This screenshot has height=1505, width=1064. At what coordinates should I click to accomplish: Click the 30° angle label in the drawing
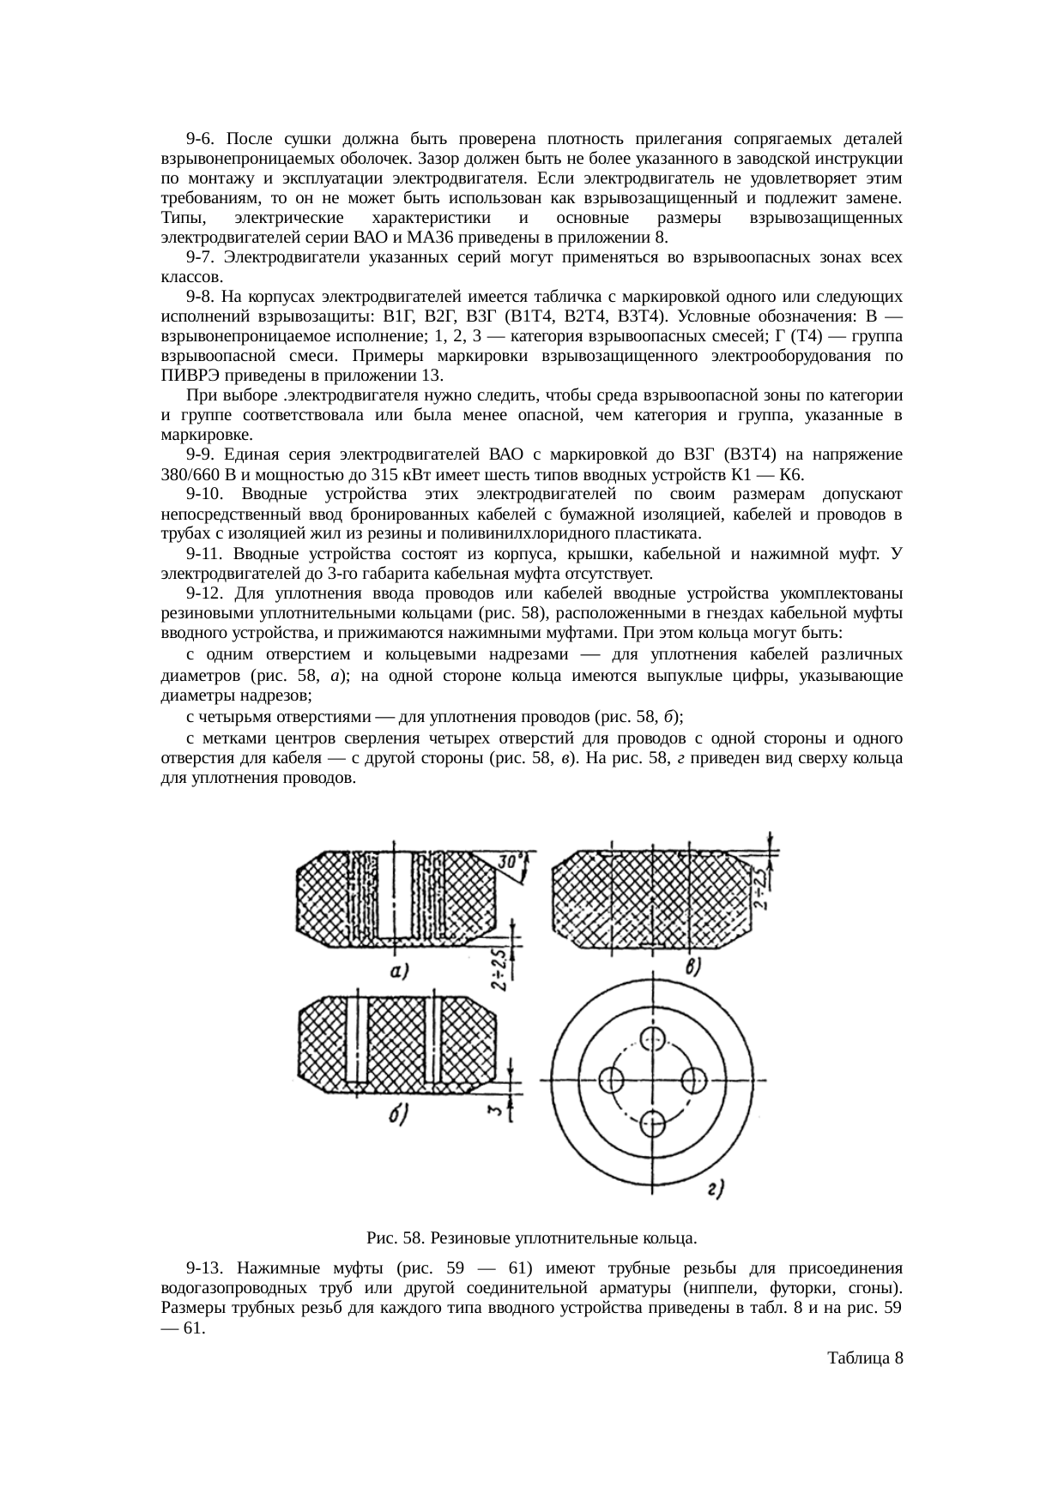[x=512, y=859]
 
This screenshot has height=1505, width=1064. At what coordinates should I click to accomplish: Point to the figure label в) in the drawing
[x=693, y=967]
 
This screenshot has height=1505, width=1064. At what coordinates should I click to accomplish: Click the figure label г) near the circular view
[x=716, y=1189]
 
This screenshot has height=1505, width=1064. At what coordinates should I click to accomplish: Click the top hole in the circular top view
[x=654, y=1037]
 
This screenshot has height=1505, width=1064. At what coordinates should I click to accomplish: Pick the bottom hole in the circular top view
[x=654, y=1121]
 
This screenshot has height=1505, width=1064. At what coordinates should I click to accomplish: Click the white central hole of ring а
[x=396, y=892]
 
